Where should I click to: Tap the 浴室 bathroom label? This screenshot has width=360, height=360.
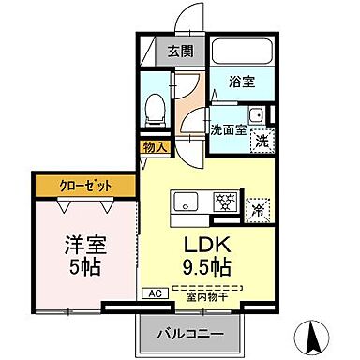241,82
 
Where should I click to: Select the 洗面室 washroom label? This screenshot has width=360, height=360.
228,130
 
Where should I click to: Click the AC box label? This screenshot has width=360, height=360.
151,293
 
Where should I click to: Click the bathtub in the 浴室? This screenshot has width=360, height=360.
242,51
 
